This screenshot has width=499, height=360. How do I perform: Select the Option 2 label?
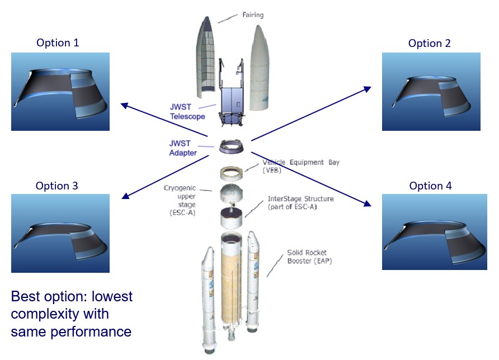(429, 43)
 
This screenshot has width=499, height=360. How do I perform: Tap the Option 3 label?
(57, 186)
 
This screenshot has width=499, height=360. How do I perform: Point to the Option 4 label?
(430, 186)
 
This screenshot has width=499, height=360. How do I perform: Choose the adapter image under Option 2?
(431, 92)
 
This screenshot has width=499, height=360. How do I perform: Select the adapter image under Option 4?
(431, 232)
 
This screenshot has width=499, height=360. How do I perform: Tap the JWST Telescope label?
(187, 111)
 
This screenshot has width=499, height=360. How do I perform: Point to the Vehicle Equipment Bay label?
(300, 166)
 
